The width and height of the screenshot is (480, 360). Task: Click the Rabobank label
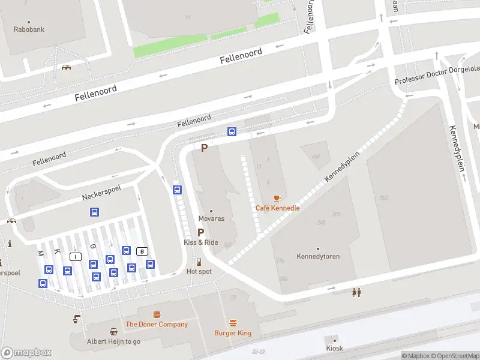[x=29, y=29]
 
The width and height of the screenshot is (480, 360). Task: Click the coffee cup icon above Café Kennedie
[x=277, y=198]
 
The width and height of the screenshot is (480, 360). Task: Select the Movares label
[x=211, y=218]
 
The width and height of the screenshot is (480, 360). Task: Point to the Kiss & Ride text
[x=201, y=242]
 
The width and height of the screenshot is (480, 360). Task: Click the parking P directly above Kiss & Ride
[x=201, y=232]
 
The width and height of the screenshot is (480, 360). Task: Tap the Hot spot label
[x=199, y=271]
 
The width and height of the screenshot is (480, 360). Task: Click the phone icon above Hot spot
[x=199, y=262]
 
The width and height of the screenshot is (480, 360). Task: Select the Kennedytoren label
[x=318, y=256]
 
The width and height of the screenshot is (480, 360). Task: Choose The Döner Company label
[x=157, y=325]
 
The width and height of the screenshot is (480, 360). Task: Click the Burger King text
[x=233, y=333]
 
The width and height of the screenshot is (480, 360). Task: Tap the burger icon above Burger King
[x=233, y=323]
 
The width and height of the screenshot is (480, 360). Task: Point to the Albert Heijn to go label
[x=113, y=341]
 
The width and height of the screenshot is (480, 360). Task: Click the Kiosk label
[x=334, y=348]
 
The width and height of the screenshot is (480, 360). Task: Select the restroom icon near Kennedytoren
[x=357, y=292]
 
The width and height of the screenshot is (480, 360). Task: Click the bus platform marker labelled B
[x=142, y=251]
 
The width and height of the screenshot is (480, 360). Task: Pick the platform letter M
[x=40, y=253]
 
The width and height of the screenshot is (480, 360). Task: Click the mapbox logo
[x=26, y=353]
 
